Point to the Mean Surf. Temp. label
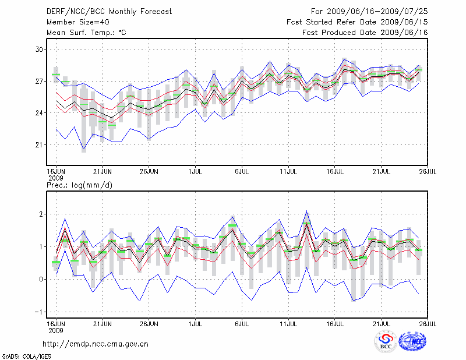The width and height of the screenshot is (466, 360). click(86, 33)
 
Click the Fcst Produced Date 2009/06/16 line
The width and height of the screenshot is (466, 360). click(365, 33)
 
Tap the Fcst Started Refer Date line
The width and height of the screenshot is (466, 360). click(358, 22)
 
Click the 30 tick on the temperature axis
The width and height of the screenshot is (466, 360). click(40, 50)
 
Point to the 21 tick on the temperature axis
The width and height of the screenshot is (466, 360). click(40, 144)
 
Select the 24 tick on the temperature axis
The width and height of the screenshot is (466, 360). click(40, 113)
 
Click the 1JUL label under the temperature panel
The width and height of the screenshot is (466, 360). click(196, 172)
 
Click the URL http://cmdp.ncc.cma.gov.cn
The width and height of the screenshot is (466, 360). click(96, 344)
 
